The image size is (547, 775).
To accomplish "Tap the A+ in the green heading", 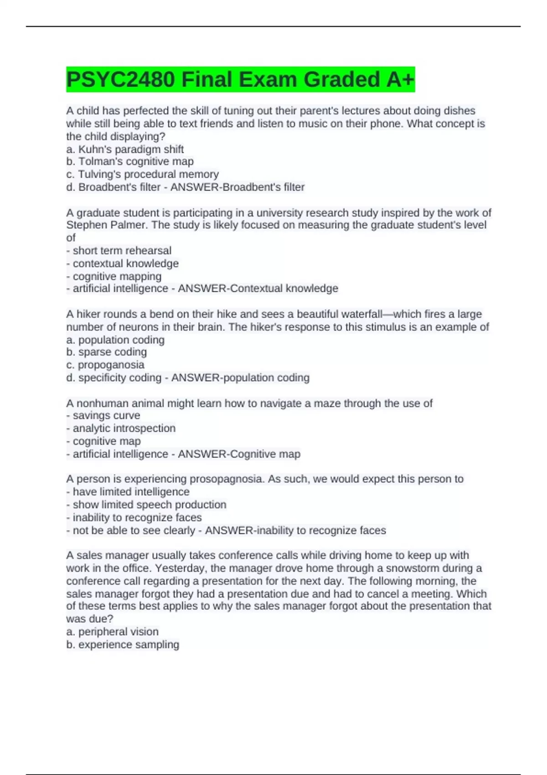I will click(399, 79).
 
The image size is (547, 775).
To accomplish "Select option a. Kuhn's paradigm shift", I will click(125, 149).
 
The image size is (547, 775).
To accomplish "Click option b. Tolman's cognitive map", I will click(130, 161).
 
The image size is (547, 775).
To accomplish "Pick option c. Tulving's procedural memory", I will click(142, 174).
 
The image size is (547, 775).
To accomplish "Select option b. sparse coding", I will click(107, 352).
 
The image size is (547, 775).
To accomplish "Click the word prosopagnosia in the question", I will click(226, 479).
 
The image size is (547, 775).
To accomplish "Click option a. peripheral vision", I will click(113, 632).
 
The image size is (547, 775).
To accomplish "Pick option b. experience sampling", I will click(123, 645).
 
